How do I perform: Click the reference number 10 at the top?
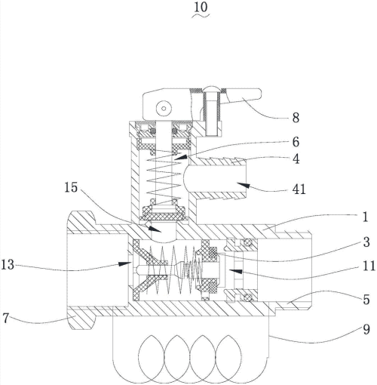coord(201,8)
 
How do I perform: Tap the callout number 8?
coord(296,118)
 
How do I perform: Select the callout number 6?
coord(296,142)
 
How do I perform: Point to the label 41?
coord(299,189)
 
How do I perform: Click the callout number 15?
coord(71,187)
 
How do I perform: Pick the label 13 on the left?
coord(8,265)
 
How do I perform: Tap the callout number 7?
coord(6,319)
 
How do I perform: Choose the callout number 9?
coord(366,329)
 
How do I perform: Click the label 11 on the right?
coord(369,266)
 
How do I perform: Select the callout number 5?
coord(366,300)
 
